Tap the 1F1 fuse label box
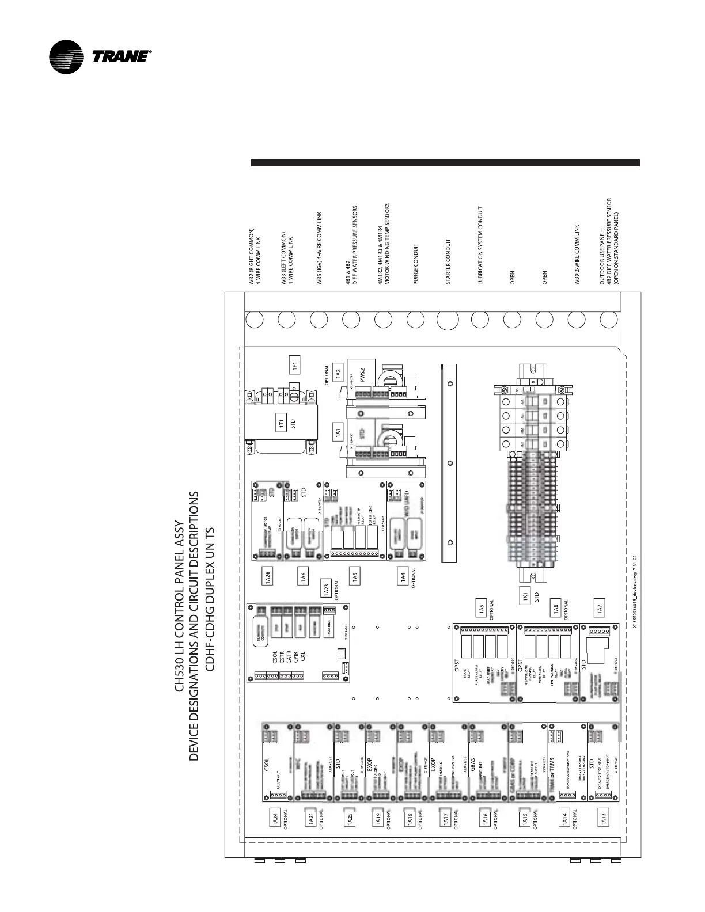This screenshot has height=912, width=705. [x=294, y=364]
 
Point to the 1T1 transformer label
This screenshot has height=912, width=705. [x=281, y=424]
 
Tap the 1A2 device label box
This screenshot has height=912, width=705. [x=338, y=371]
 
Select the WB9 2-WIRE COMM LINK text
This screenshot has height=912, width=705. [x=576, y=254]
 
